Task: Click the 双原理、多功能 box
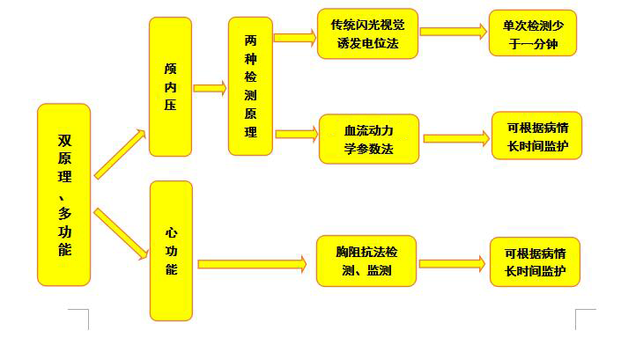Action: pyautogui.click(x=64, y=195)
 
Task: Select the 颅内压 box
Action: pyautogui.click(x=170, y=86)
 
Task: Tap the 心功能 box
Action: pyautogui.click(x=171, y=250)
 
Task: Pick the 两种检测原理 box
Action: pyautogui.click(x=250, y=86)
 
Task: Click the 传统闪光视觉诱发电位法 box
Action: pyautogui.click(x=367, y=33)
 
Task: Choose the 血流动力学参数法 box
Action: pyautogui.click(x=368, y=139)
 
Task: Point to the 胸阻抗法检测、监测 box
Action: pyautogui.click(x=366, y=261)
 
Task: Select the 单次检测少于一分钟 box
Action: pyautogui.click(x=533, y=33)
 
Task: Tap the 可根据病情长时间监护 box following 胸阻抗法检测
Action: pyautogui.click(x=536, y=261)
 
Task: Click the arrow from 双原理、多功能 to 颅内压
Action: pyautogui.click(x=120, y=154)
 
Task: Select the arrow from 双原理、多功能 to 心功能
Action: pyautogui.click(x=120, y=233)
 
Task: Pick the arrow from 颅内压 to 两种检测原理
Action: pyautogui.click(x=210, y=88)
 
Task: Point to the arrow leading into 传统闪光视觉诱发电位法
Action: pyautogui.click(x=294, y=37)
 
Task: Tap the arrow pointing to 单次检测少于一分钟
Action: pyautogui.click(x=453, y=32)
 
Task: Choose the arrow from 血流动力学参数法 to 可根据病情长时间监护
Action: pyautogui.click(x=456, y=138)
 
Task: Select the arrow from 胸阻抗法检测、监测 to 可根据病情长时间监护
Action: pyautogui.click(x=453, y=263)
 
